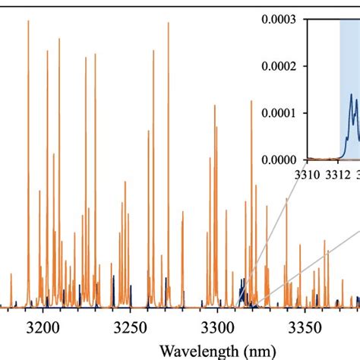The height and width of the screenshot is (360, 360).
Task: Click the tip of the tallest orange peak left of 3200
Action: (x=28, y=21)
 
